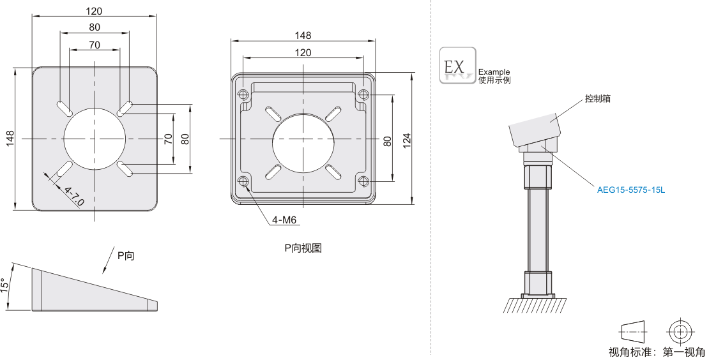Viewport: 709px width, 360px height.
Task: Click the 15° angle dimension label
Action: pyautogui.click(x=4, y=285)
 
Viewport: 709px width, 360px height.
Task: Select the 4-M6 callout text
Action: pyautogui.click(x=284, y=220)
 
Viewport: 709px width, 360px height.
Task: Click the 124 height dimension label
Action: pyautogui.click(x=406, y=140)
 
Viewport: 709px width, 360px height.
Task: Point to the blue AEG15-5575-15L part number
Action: pyautogui.click(x=631, y=190)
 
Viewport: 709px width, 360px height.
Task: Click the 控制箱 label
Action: pyautogui.click(x=597, y=98)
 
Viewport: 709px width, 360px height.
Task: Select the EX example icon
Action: pyautogui.click(x=457, y=66)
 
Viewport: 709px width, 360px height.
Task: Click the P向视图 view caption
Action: pyautogui.click(x=303, y=248)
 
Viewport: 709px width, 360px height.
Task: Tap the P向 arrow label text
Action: pyautogui.click(x=126, y=256)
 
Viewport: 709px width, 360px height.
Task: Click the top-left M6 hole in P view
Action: pyautogui.click(x=244, y=95)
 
